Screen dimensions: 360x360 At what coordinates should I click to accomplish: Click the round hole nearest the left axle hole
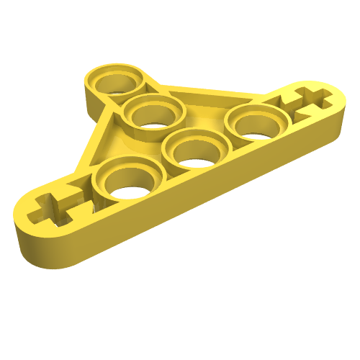(127, 183)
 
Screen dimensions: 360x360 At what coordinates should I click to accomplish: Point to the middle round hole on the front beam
(192, 151)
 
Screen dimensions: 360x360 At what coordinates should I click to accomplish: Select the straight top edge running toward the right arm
(216, 92)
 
